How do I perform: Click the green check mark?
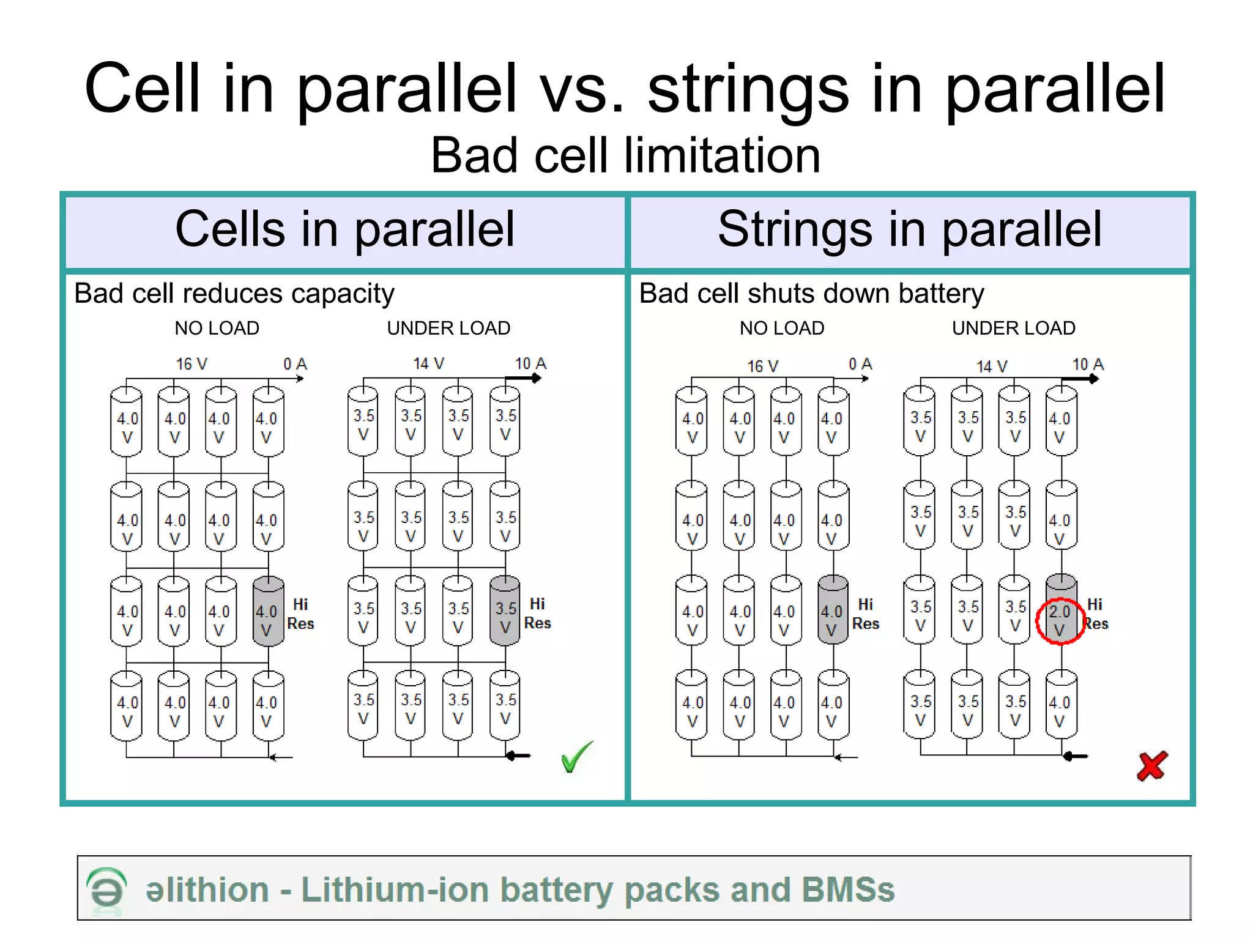pyautogui.click(x=576, y=757)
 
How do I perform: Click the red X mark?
pyautogui.click(x=1152, y=765)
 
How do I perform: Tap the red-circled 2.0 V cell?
pyautogui.click(x=1060, y=620)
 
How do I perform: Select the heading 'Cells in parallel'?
pyautogui.click(x=345, y=229)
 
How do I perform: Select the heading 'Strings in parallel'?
pyautogui.click(x=910, y=229)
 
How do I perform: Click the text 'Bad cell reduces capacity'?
pyautogui.click(x=234, y=294)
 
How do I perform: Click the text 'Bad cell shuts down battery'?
pyautogui.click(x=811, y=294)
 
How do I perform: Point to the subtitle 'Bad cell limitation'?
pyautogui.click(x=625, y=155)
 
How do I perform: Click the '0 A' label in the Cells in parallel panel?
pyautogui.click(x=295, y=364)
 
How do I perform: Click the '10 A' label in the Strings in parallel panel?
pyautogui.click(x=1088, y=365)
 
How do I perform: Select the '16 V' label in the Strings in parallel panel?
pyautogui.click(x=762, y=366)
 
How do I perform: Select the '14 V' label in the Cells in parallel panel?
pyautogui.click(x=428, y=364)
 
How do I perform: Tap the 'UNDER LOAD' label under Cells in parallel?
pyautogui.click(x=448, y=328)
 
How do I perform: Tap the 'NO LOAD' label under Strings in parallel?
pyautogui.click(x=782, y=328)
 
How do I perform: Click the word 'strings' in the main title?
pyautogui.click(x=748, y=90)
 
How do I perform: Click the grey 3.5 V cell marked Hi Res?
pyautogui.click(x=505, y=612)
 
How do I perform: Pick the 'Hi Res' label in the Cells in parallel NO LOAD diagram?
pyautogui.click(x=300, y=614)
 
